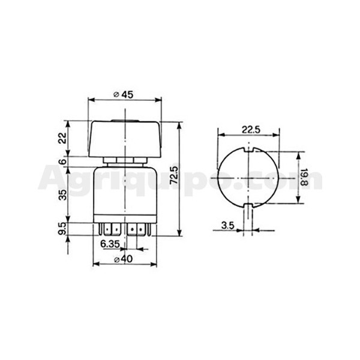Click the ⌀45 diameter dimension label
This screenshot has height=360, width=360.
click(x=124, y=94)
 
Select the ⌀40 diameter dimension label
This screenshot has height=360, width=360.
click(x=124, y=259)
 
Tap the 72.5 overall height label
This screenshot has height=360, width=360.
click(x=174, y=175)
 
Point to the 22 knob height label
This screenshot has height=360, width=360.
click(x=62, y=138)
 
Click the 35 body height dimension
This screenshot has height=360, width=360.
click(x=62, y=194)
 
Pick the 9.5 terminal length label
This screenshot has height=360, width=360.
click(x=62, y=229)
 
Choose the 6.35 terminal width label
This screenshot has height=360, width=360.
click(x=110, y=244)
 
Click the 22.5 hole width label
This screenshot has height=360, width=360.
click(x=251, y=130)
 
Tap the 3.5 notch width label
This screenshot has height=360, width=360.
click(x=228, y=226)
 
